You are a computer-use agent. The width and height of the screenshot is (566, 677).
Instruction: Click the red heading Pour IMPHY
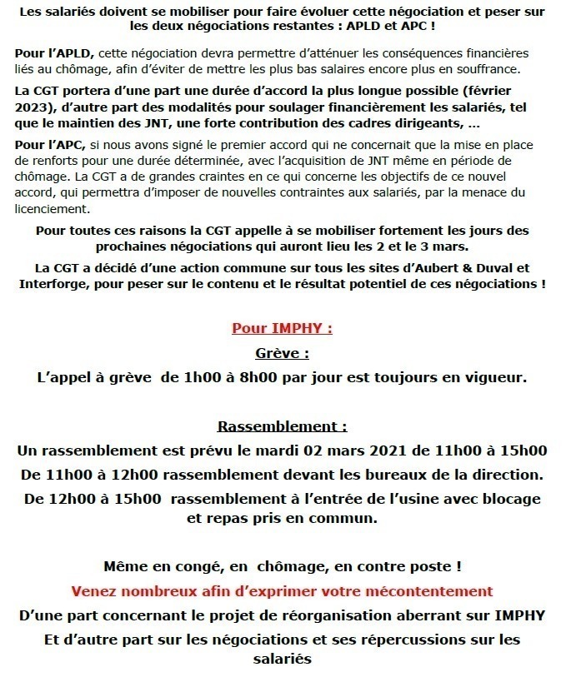[282, 328]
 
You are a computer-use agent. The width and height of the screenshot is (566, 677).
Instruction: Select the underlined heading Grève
[282, 352]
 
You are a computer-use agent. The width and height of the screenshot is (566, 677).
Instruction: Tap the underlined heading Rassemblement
[282, 427]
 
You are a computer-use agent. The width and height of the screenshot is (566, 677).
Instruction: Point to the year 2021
[354, 451]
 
